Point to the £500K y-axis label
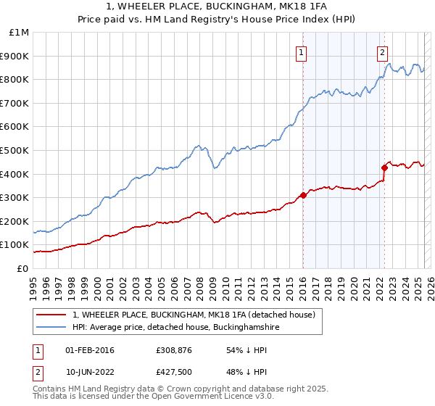pos(16,151)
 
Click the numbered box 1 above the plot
pos(301,51)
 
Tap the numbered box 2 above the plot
pos(382,51)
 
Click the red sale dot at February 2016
pos(303,195)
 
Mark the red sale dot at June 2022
pos(384,167)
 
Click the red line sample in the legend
pos(50,315)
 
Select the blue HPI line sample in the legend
pos(50,328)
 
